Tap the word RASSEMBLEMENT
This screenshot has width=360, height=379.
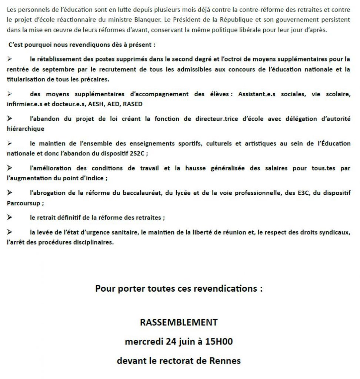tap(179, 322)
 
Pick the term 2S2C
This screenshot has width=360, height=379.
tap(137, 154)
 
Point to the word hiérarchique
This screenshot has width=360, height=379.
tap(25, 129)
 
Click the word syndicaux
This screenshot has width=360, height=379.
tap(335, 232)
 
